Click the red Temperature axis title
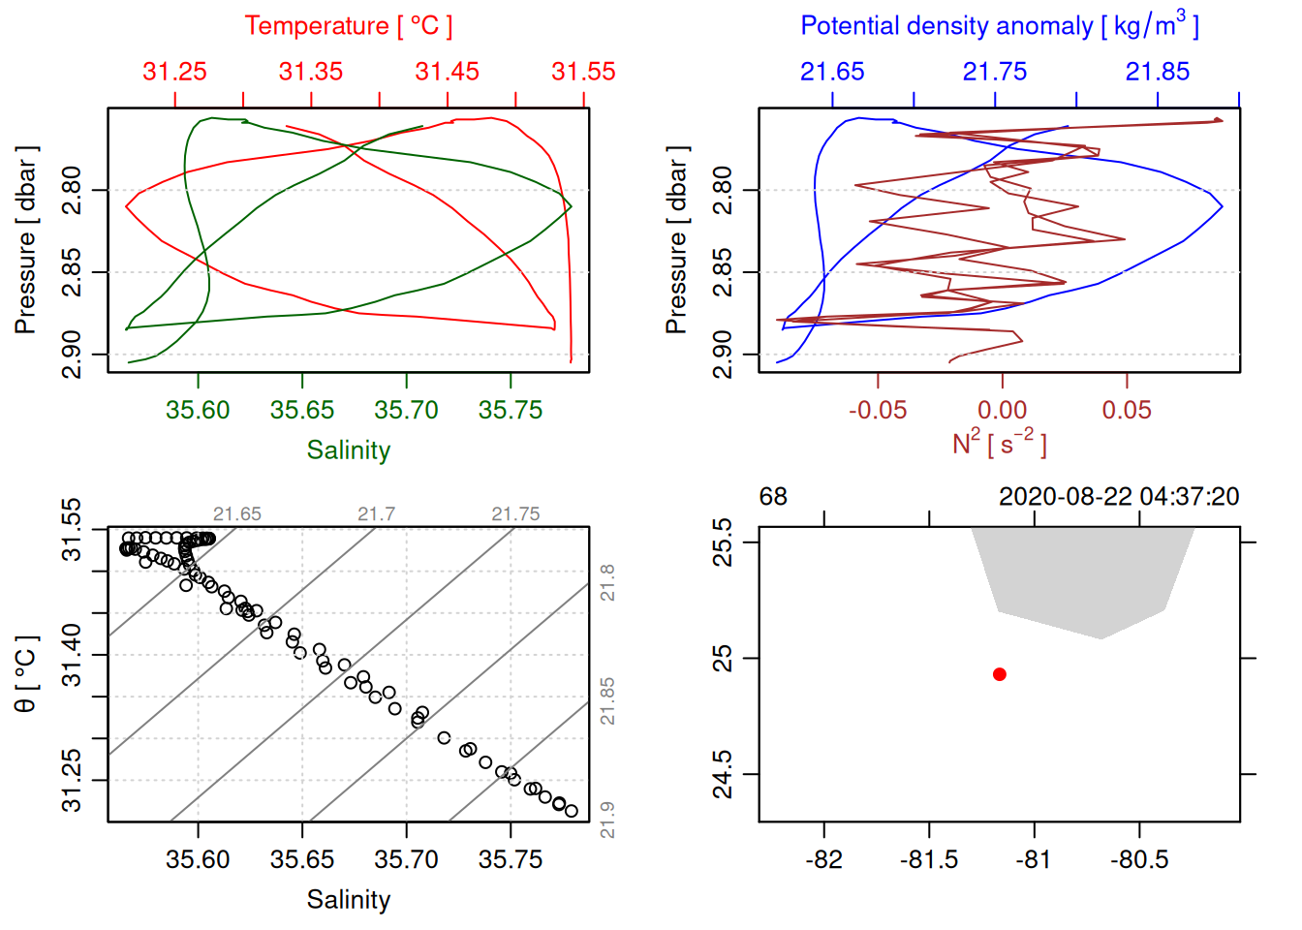[x=348, y=26]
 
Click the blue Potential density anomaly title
[x=999, y=26]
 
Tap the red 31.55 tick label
[x=583, y=72]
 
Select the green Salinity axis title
[x=348, y=450]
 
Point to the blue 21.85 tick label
[x=1157, y=72]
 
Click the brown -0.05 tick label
[x=878, y=410]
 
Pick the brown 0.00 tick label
[x=1002, y=410]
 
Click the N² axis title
[x=999, y=442]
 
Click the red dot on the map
[x=1000, y=674]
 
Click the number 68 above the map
[x=773, y=497]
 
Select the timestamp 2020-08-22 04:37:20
[x=1119, y=497]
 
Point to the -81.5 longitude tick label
[x=929, y=860]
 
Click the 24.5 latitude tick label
[x=723, y=774]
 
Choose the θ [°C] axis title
[x=26, y=674]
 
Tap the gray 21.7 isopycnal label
[x=376, y=514]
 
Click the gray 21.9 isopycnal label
[x=607, y=820]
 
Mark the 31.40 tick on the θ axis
[x=72, y=655]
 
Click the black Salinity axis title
[x=348, y=900]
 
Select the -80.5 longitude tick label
[x=1139, y=860]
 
